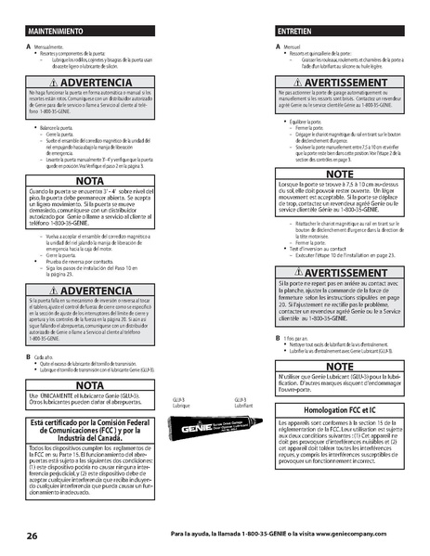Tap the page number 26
pyautogui.click(x=32, y=536)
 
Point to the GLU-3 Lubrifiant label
pyautogui.click(x=243, y=403)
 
